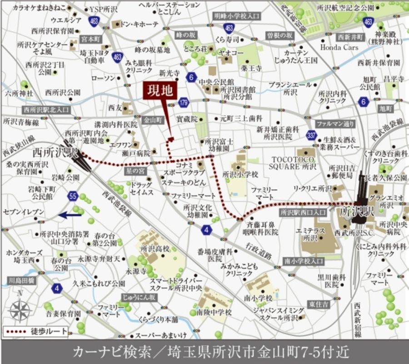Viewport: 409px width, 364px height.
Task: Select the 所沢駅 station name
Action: (x=356, y=212)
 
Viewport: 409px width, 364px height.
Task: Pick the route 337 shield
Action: (x=311, y=135)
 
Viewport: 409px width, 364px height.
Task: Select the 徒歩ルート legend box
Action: (x=36, y=331)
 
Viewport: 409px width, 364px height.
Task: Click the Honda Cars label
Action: (x=339, y=47)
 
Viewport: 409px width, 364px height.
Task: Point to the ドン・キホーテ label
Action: (x=138, y=24)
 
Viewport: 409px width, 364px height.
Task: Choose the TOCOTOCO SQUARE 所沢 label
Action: (x=294, y=163)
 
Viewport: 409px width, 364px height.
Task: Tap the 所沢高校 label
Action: (x=155, y=249)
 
